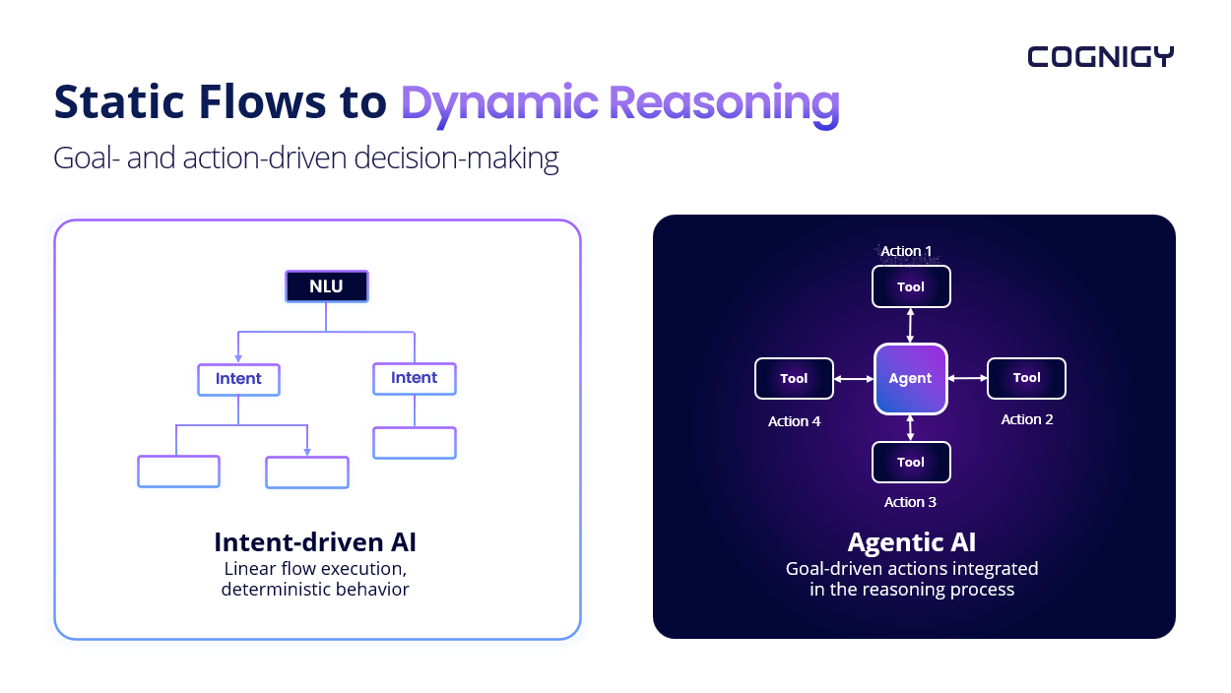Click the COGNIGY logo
[1100, 57]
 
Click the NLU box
[326, 286]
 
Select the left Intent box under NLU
[238, 379]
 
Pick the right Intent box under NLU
[414, 378]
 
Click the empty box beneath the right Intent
[414, 443]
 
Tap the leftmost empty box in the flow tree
[178, 472]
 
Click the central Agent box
[910, 378]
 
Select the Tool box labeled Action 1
[911, 286]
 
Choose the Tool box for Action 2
[1026, 378]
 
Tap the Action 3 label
[910, 502]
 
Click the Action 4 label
[794, 421]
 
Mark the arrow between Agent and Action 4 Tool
[854, 379]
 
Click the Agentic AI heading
[911, 542]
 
